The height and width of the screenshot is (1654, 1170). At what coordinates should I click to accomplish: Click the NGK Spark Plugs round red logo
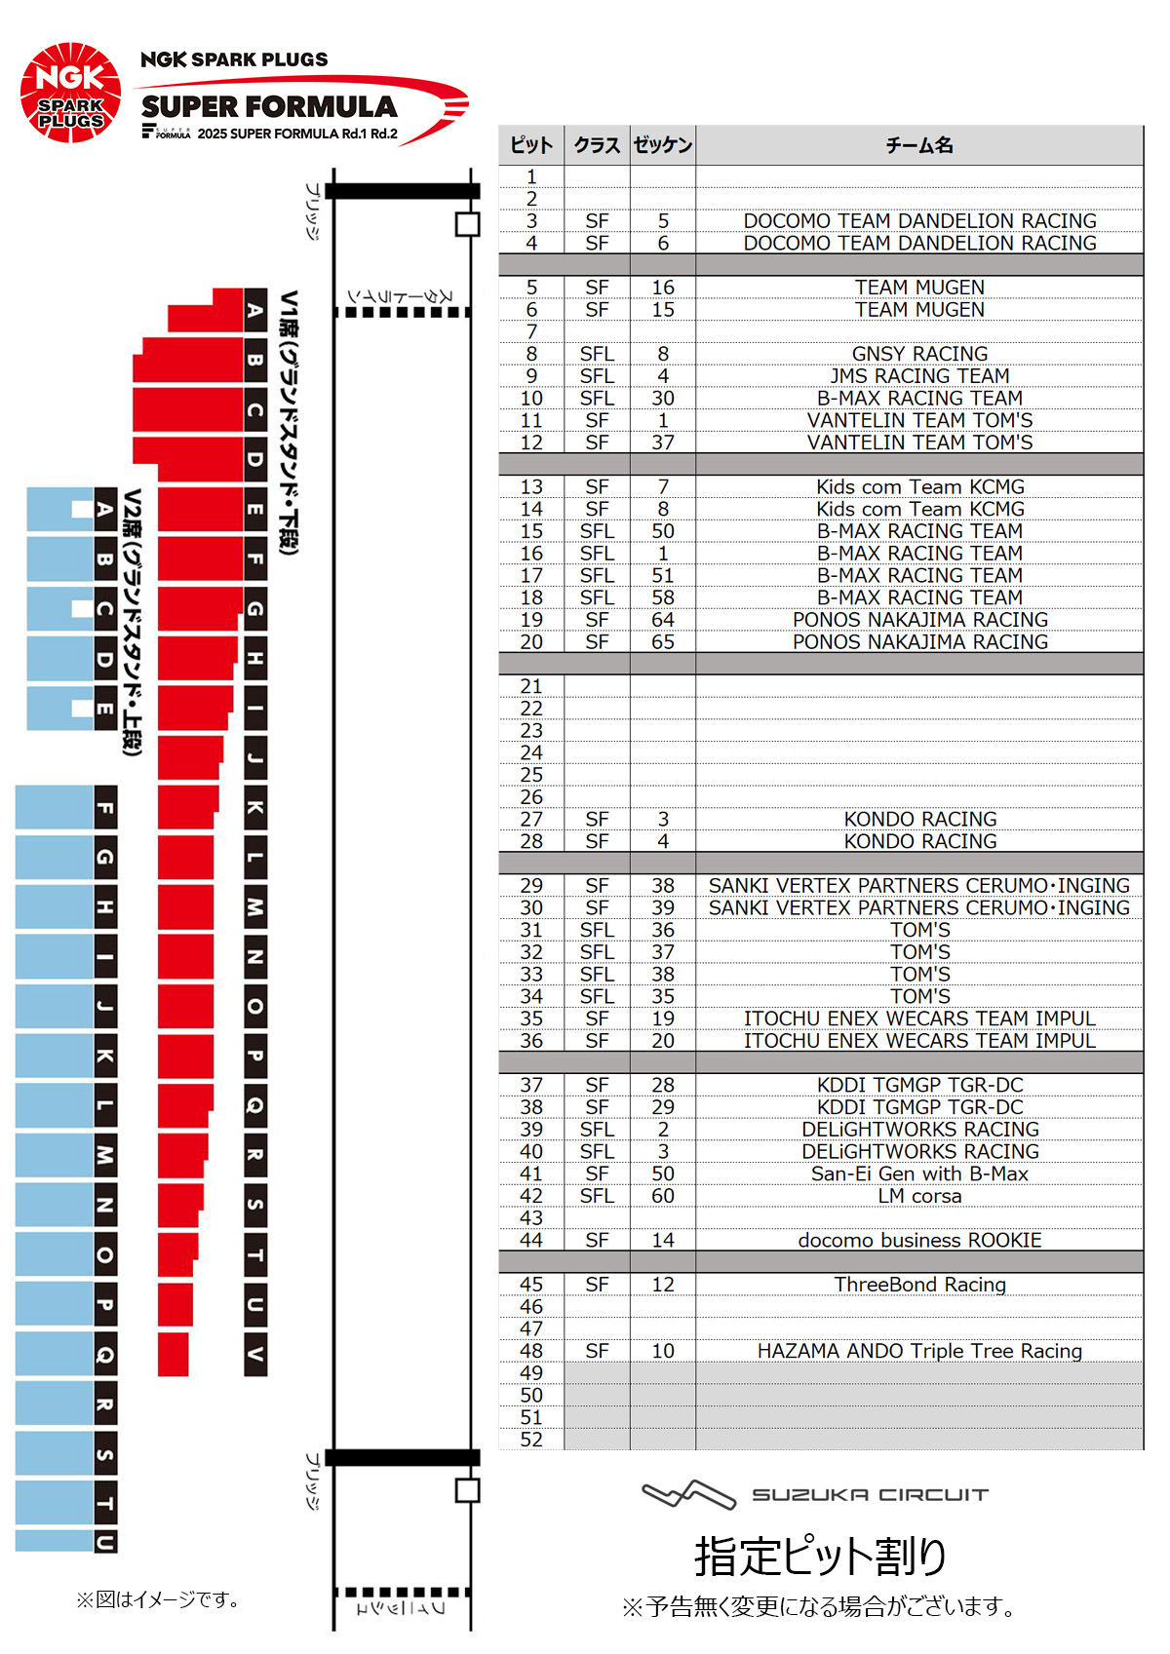[70, 93]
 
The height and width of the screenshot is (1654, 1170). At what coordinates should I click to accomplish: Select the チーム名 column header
[918, 145]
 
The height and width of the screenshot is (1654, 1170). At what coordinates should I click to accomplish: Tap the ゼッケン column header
[663, 145]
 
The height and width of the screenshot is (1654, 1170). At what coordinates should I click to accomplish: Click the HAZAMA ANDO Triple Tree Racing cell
[919, 1351]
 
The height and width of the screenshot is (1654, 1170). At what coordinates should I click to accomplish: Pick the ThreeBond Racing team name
[919, 1285]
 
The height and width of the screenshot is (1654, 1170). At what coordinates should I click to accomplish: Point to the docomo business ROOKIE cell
[919, 1240]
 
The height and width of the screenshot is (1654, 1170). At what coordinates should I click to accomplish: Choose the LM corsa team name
[919, 1196]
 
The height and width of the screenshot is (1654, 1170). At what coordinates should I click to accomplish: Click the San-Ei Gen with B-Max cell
[919, 1173]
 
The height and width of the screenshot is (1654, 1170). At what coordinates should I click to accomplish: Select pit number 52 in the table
[531, 1440]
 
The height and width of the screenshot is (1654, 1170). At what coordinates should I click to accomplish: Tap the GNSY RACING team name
[919, 354]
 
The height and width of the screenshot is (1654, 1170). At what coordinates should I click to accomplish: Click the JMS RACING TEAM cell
[919, 376]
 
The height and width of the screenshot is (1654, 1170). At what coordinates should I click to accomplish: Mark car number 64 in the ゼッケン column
[663, 620]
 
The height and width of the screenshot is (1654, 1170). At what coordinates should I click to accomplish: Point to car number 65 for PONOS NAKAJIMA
[663, 642]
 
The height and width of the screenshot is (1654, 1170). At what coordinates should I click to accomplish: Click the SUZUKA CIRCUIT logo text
[869, 1494]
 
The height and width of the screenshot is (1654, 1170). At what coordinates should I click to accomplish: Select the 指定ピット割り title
[820, 1556]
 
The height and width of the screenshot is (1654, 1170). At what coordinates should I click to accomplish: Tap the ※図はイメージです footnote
[158, 1599]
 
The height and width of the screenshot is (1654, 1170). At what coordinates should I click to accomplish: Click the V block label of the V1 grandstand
[255, 1354]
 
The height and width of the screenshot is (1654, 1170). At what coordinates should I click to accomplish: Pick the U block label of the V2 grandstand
[105, 1541]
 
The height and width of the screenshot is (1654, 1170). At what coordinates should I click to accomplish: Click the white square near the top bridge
[468, 224]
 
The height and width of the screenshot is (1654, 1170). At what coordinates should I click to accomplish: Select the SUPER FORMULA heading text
[269, 106]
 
